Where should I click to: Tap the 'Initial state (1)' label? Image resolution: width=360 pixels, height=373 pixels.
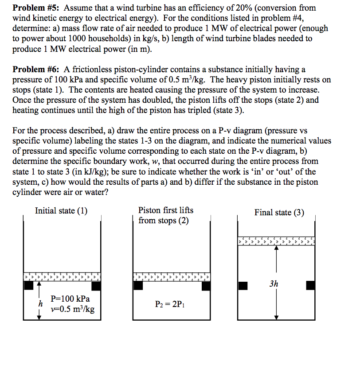coord(61,211)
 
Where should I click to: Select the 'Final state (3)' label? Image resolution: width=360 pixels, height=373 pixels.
coord(279,213)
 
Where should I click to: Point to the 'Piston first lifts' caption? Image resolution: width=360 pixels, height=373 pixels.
coord(166,210)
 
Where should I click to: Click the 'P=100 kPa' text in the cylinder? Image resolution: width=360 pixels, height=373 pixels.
coord(70,299)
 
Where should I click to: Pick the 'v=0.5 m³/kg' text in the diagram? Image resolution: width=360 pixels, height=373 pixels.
coord(72,309)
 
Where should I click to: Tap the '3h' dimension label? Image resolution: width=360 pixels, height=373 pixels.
coord(274,284)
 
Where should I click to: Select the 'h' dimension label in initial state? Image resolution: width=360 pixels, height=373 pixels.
coord(40,304)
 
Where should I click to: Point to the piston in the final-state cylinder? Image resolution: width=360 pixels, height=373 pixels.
coord(276,241)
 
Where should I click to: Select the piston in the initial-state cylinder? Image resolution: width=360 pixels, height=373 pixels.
coord(62,277)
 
